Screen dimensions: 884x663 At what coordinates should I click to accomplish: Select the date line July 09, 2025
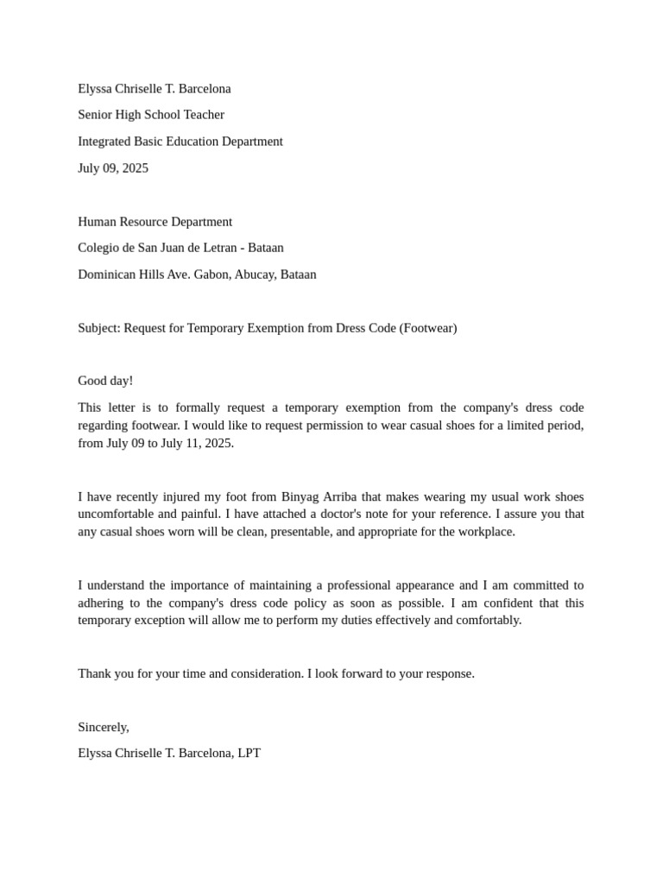tap(113, 168)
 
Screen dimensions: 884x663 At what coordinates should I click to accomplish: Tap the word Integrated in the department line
tap(104, 142)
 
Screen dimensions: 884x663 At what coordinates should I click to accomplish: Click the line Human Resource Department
tap(155, 222)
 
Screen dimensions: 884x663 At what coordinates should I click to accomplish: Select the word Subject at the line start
tap(98, 328)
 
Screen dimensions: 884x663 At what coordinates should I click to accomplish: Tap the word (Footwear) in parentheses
tap(427, 328)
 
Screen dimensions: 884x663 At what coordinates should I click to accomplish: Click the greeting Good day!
tap(105, 381)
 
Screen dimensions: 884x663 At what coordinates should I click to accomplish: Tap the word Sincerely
tap(103, 727)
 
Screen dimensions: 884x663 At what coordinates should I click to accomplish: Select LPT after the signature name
tap(248, 753)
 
